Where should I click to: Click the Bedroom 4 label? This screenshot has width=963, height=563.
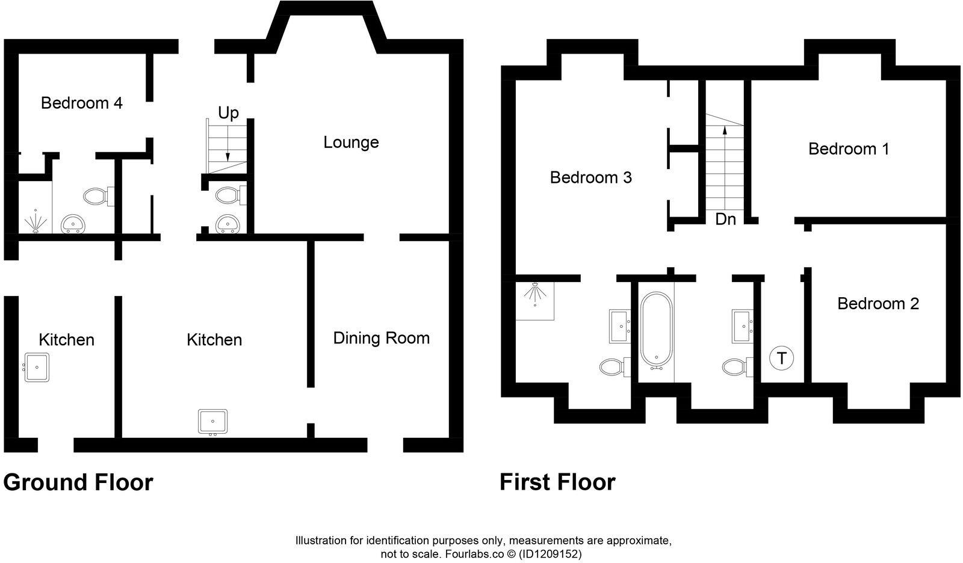[x=81, y=103]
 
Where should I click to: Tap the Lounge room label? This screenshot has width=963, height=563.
[x=351, y=143]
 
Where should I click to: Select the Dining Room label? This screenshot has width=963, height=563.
[x=381, y=338]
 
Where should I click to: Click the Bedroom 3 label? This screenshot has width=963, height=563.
[x=590, y=177]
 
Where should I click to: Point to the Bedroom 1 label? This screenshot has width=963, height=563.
[x=848, y=149]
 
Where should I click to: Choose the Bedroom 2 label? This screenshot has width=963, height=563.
[x=878, y=303]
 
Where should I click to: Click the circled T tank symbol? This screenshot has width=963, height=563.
[x=781, y=358]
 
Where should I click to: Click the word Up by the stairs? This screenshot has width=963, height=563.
[x=228, y=112]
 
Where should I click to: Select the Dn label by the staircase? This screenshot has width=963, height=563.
[x=725, y=220]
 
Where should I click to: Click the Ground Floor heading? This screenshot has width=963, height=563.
[x=78, y=482]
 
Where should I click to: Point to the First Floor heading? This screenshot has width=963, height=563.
[x=557, y=482]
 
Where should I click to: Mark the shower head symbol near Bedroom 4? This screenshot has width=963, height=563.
[x=35, y=222]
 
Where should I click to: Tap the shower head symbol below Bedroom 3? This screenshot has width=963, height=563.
[x=534, y=294]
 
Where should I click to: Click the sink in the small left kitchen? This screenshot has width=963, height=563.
[x=36, y=367]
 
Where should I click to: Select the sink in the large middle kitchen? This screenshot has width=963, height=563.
[x=212, y=422]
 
